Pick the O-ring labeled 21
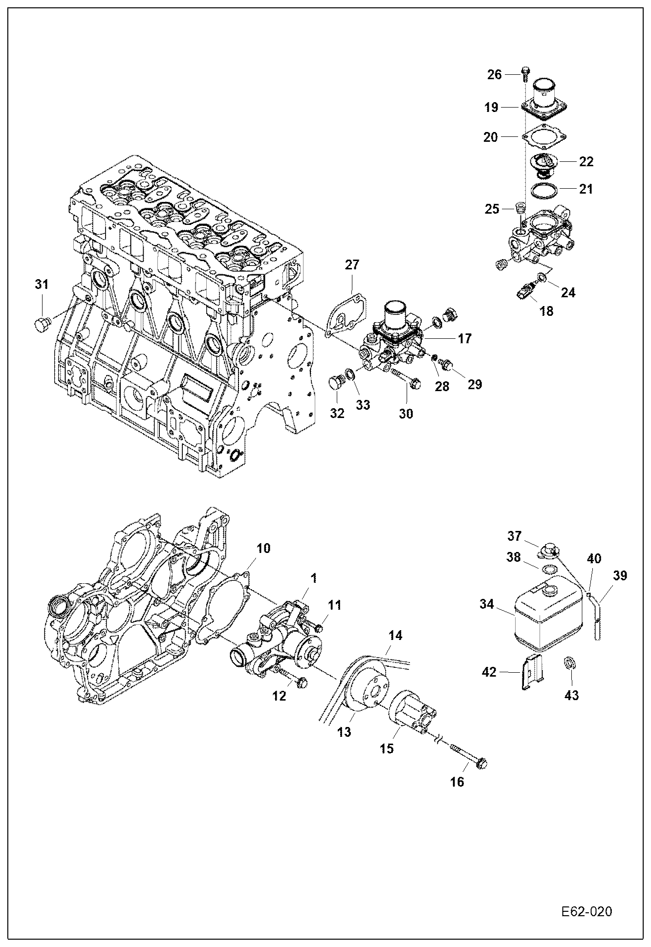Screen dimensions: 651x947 [x=543, y=190]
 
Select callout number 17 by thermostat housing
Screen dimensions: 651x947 [x=464, y=338]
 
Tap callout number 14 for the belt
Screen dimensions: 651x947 [x=395, y=635]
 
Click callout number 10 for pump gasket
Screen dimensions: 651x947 [x=263, y=548]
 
